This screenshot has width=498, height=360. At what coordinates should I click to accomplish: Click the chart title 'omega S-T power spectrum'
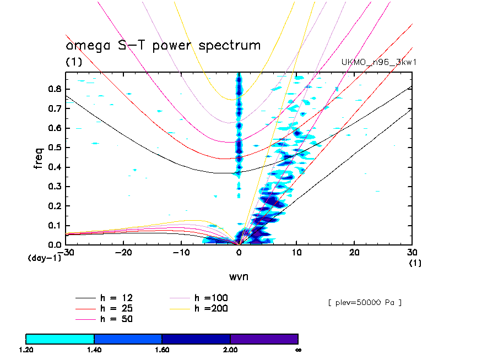[x=163, y=45]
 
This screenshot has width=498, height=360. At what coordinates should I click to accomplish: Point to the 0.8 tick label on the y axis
[x=55, y=89]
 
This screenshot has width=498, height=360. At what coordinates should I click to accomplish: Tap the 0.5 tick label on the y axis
[x=55, y=148]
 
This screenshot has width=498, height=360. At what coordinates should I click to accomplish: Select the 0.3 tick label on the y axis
[x=55, y=187]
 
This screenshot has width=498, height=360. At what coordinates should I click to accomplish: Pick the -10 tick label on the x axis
[x=181, y=252]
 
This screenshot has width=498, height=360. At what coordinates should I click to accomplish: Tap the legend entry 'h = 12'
[x=116, y=298]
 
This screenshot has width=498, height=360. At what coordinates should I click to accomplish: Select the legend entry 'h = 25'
[x=116, y=308]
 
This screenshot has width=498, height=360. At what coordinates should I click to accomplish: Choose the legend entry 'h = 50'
[x=116, y=319]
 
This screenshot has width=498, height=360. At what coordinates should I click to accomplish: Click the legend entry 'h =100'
[x=212, y=298]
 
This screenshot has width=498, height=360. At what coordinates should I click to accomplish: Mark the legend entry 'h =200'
[x=212, y=308]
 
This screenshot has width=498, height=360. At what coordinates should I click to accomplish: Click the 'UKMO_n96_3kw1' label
[x=378, y=62]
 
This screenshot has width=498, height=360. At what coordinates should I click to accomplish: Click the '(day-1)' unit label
[x=44, y=258]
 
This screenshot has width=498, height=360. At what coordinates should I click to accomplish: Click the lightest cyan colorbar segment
[x=60, y=339]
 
